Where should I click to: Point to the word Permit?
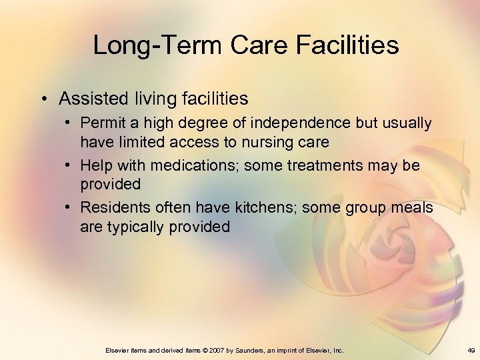click(101, 124)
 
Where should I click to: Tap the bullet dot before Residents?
click(70, 208)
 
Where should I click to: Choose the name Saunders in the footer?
click(250, 350)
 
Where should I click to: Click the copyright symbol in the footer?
click(205, 350)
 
